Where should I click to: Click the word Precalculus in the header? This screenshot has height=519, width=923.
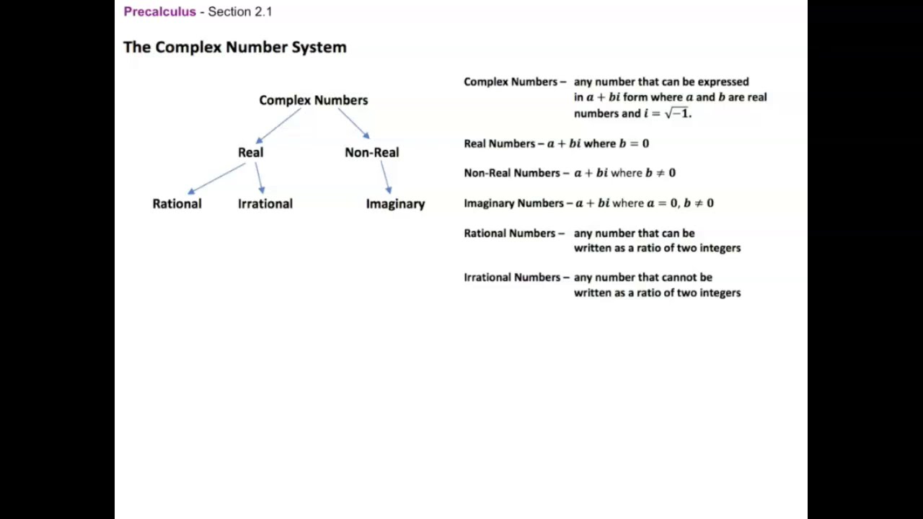click(x=159, y=12)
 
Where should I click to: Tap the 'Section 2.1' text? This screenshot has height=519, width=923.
click(x=240, y=12)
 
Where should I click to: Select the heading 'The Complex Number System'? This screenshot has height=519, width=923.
click(x=235, y=48)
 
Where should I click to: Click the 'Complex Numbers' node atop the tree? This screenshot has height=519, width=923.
click(x=314, y=100)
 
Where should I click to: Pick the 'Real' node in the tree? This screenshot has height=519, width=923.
click(x=251, y=152)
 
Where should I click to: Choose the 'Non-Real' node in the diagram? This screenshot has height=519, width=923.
click(x=371, y=152)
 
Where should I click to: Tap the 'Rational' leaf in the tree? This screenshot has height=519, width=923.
click(x=177, y=204)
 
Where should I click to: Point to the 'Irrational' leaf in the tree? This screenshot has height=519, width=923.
click(x=265, y=204)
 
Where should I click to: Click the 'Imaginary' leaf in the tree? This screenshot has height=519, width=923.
click(x=395, y=204)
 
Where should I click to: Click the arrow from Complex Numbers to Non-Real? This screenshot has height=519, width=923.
click(x=353, y=123)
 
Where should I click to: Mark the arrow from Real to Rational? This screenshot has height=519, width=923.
click(x=216, y=178)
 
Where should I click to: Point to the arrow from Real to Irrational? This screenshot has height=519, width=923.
click(x=259, y=177)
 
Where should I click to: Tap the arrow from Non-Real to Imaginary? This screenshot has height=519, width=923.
click(x=386, y=177)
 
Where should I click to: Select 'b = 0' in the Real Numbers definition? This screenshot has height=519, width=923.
click(x=634, y=143)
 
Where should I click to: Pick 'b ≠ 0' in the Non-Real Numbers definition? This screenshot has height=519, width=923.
click(x=661, y=173)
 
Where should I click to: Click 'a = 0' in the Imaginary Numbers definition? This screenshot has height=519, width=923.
click(x=662, y=203)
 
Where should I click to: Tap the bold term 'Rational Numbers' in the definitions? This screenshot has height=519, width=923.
click(x=511, y=234)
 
